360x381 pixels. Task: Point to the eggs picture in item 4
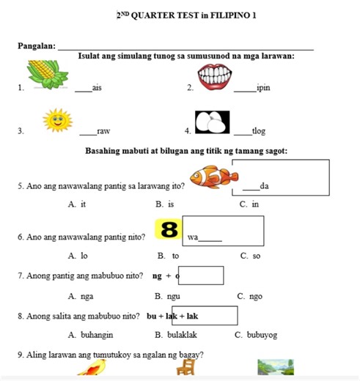coord(212,121)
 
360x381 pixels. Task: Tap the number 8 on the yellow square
coord(168,229)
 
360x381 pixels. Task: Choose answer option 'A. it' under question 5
coord(77,204)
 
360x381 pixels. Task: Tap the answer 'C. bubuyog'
coord(256,335)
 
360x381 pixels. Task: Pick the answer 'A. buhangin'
coord(92,335)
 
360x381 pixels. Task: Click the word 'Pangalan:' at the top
coord(37,46)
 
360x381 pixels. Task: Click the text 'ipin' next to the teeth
coord(264,88)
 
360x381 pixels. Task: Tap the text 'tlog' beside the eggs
coord(259,131)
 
